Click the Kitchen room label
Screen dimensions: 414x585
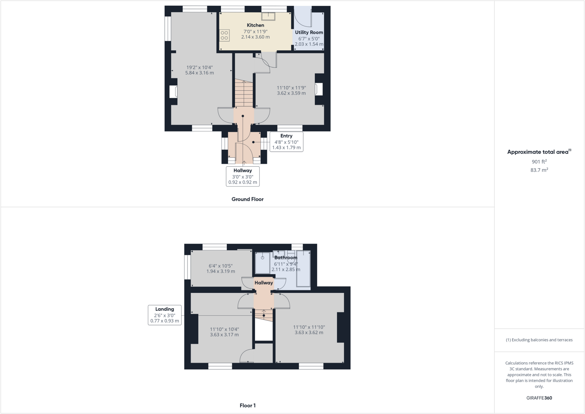255,25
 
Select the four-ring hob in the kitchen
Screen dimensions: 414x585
224,35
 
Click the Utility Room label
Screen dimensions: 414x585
309,32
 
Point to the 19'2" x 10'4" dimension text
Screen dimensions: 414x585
199,70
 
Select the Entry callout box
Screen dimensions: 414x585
286,142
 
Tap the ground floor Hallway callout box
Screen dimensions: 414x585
243,176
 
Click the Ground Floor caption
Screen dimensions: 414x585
247,199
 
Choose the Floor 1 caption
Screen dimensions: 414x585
247,405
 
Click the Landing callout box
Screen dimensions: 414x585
165,315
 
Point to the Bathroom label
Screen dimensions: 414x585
286,257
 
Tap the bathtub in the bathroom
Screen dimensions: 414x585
303,268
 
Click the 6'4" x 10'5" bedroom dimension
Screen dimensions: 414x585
221,268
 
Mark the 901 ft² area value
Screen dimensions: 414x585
539,161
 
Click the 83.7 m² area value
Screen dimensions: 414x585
539,170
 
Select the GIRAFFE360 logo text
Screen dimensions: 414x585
539,398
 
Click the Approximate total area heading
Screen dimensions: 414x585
539,152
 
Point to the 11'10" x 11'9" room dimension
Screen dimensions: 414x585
291,90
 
